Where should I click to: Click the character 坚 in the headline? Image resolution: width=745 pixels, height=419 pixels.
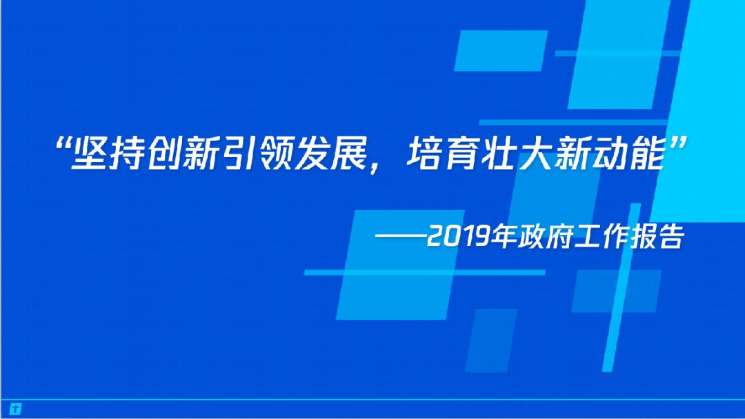[x=89, y=154]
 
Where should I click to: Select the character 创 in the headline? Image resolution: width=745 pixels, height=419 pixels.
[x=163, y=154]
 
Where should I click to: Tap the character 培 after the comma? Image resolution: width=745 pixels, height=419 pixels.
[x=424, y=154]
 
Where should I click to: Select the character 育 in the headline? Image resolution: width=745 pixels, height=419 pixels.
[x=461, y=154]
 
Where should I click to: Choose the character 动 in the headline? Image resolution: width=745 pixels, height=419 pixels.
[x=610, y=154]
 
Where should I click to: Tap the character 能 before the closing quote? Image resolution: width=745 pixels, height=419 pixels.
[x=648, y=154]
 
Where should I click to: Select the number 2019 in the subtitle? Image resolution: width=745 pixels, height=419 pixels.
[x=458, y=236]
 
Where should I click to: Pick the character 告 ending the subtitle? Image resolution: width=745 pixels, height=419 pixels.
[x=671, y=236]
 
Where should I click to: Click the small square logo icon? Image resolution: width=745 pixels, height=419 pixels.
[x=15, y=409]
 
